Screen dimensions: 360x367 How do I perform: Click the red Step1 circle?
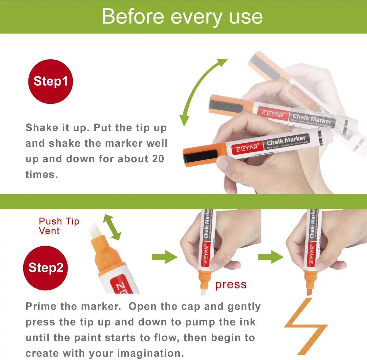pos(50,81)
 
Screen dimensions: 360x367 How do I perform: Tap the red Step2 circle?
pos(45,268)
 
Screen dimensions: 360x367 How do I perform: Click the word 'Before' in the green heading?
pos(133,17)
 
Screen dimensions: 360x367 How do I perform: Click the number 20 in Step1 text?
pos(157,159)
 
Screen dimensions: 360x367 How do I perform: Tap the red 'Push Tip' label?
pos(59,221)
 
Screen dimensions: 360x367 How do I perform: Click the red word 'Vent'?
pos(49,231)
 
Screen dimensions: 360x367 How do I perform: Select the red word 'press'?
pos(231,285)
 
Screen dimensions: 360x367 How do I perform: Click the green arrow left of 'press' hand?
pos(164,257)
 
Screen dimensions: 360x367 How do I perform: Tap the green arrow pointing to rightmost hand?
pos(270,257)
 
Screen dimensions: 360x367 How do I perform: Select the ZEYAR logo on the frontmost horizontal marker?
pos(247,148)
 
